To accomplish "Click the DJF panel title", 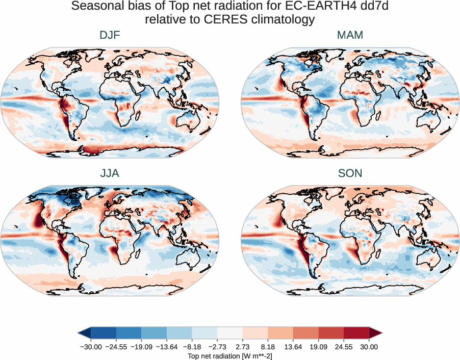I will click(x=110, y=36).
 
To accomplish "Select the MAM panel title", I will click(x=350, y=36).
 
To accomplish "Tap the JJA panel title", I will click(x=110, y=173).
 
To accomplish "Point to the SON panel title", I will click(x=350, y=173).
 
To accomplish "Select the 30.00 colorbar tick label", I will click(x=369, y=347).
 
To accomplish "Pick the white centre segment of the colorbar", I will click(x=230, y=333).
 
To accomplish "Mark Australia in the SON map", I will click(x=429, y=258).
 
